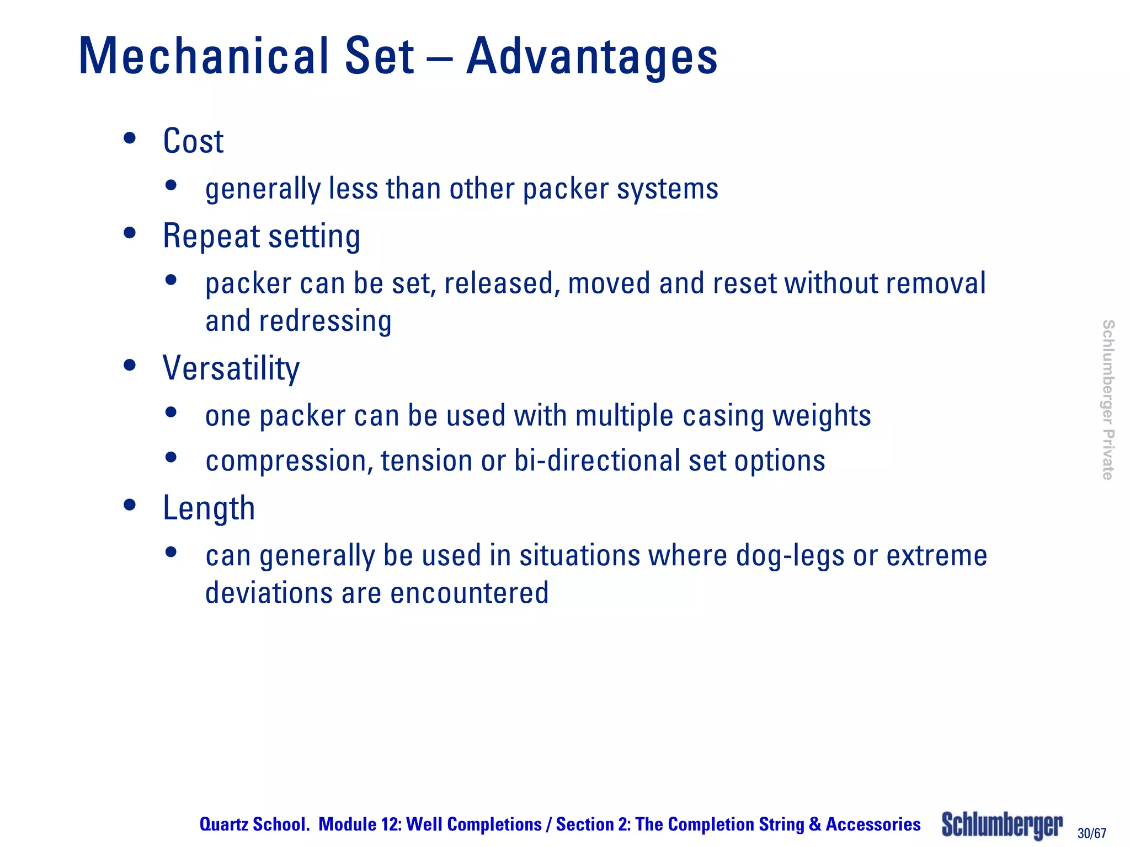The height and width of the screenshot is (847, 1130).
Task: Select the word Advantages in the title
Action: click(x=592, y=56)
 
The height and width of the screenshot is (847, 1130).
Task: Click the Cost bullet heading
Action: click(x=193, y=141)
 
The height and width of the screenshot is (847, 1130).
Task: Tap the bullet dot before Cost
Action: click(x=130, y=138)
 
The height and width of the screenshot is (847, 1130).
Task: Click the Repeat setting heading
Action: click(x=262, y=236)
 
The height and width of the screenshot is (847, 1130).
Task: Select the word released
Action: click(x=502, y=283)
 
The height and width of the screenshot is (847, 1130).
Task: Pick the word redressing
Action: click(x=326, y=321)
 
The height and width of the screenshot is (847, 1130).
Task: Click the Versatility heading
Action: click(x=231, y=368)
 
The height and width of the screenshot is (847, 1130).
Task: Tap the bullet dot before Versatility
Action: click(x=130, y=365)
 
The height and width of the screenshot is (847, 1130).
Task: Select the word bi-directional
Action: click(x=598, y=460)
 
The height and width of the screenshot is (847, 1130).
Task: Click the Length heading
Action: click(x=209, y=508)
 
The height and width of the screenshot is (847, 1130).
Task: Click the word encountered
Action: click(x=470, y=593)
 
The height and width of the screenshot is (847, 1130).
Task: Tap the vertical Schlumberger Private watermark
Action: click(x=1107, y=400)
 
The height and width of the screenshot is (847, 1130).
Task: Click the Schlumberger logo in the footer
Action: click(x=1002, y=825)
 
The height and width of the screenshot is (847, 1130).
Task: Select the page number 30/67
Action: click(x=1092, y=833)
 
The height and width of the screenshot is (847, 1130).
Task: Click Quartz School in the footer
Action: click(x=254, y=824)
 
